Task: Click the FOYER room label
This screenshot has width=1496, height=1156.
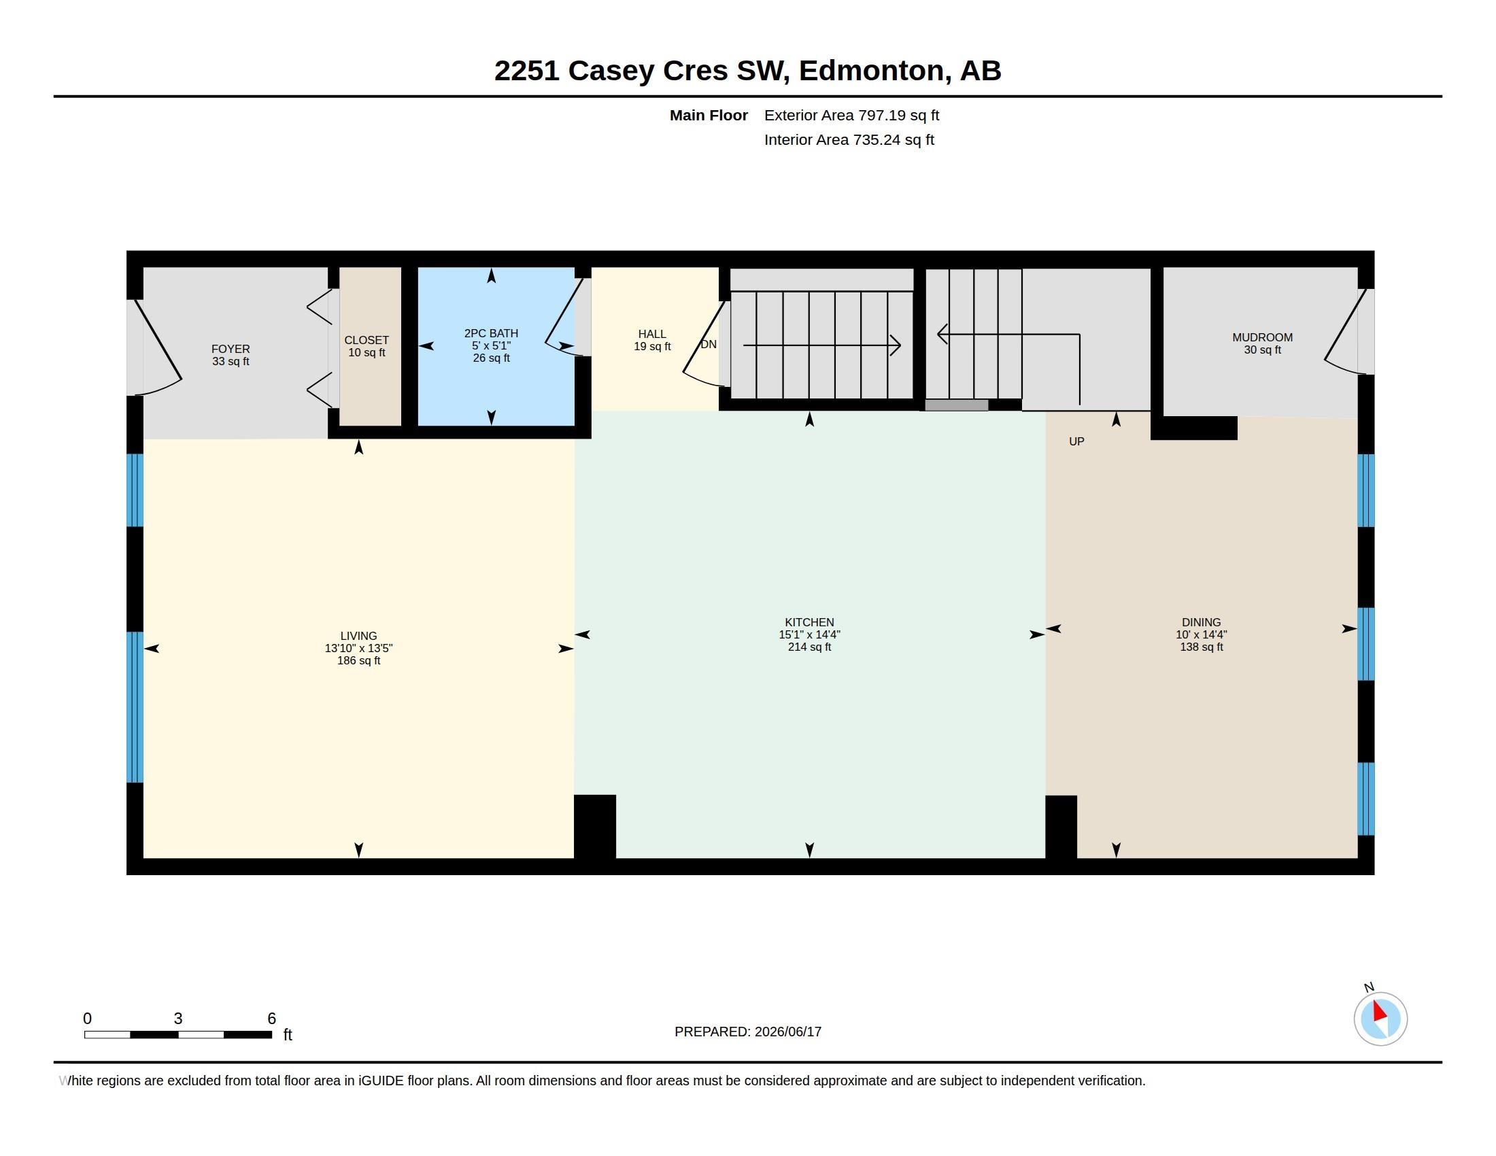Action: [x=230, y=349]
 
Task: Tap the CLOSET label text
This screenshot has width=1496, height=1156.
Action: [x=367, y=340]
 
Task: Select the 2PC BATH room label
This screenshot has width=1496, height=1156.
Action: [x=491, y=333]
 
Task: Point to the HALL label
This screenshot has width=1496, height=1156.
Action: [x=652, y=333]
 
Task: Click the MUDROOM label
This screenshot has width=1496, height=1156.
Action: [x=1263, y=337]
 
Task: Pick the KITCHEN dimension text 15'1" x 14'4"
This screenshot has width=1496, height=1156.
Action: [x=809, y=634]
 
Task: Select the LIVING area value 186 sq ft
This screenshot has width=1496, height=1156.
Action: [x=358, y=660]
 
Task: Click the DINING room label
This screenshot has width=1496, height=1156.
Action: [x=1201, y=622]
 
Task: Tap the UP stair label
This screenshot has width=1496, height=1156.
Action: [x=1076, y=441]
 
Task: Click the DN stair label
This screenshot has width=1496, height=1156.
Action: [x=709, y=344]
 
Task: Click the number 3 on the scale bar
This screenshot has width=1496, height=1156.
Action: [x=178, y=1019]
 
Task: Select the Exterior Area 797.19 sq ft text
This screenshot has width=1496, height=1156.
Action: [x=851, y=115]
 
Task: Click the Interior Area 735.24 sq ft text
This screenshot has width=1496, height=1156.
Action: [x=849, y=139]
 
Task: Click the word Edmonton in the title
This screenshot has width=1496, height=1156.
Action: [x=870, y=71]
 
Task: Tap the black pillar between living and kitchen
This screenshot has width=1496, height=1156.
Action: [x=594, y=827]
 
